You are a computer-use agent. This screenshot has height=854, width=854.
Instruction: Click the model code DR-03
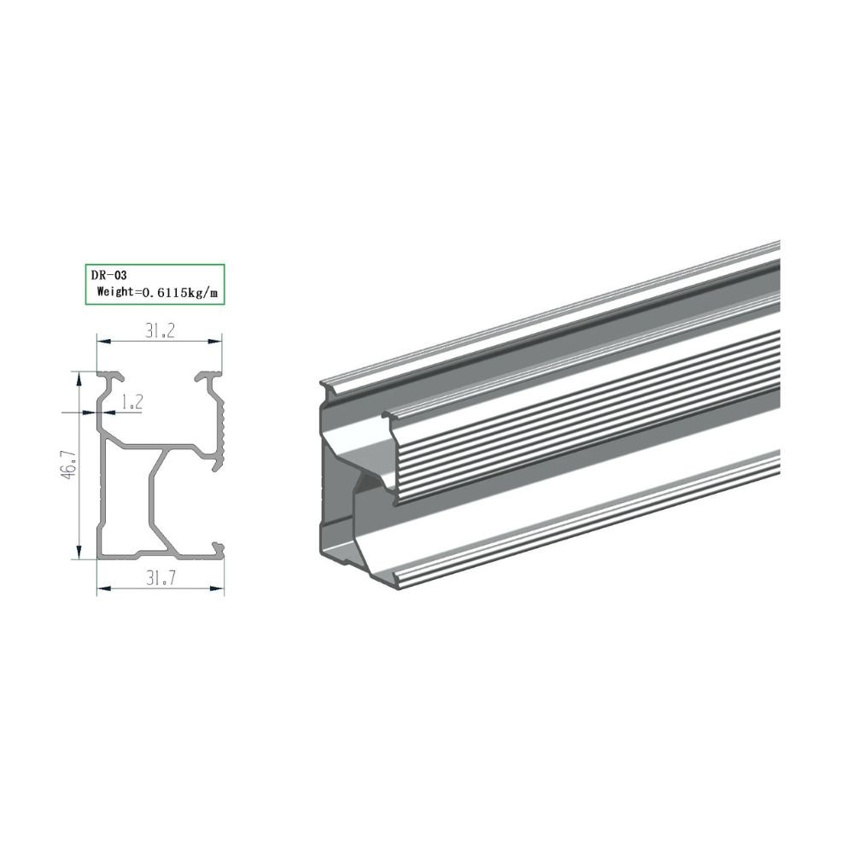point(109,276)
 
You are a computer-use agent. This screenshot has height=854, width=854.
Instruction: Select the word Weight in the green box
point(115,291)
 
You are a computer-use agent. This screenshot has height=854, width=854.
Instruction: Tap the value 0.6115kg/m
point(179,292)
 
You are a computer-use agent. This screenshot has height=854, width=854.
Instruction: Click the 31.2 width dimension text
point(160,331)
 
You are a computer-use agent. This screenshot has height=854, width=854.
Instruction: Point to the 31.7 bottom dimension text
point(161,578)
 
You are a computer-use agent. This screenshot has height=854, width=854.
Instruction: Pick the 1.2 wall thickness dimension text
point(132,402)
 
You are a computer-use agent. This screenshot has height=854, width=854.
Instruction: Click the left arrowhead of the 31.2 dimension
point(104,342)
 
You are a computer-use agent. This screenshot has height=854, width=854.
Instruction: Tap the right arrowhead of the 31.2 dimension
point(215,342)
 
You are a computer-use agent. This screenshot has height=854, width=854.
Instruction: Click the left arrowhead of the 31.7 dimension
point(104,588)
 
